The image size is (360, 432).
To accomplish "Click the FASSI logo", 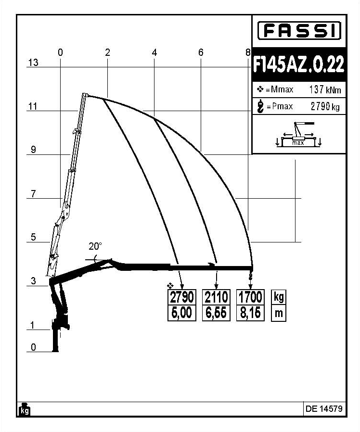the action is (299, 30).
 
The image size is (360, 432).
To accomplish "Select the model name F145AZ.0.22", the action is (299, 64).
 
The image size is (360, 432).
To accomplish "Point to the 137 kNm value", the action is (325, 89).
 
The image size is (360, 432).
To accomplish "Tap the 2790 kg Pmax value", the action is (325, 106).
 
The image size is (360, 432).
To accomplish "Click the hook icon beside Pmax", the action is (260, 107).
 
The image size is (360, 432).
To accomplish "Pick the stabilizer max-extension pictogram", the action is (298, 134).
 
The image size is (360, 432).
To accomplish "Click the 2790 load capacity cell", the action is (182, 297).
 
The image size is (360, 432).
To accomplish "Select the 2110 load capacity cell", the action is (216, 297).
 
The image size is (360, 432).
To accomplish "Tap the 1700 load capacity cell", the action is (250, 297).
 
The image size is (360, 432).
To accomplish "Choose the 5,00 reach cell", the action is (182, 313).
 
